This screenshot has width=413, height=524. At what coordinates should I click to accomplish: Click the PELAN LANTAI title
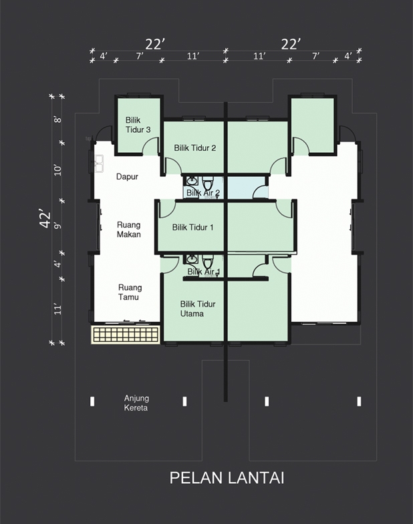[227, 478]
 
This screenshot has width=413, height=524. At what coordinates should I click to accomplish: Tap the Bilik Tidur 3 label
[138, 125]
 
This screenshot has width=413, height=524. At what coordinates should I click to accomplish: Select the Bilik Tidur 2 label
[194, 148]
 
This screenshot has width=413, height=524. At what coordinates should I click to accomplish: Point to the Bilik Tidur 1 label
[192, 227]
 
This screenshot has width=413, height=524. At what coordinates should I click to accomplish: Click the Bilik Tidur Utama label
[197, 309]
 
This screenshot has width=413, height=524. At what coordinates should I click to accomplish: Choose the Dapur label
[127, 176]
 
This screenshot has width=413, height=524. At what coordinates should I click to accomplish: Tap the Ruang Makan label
[129, 230]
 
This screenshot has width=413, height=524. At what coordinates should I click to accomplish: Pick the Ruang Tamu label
[130, 292]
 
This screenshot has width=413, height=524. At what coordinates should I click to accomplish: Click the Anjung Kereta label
[136, 403]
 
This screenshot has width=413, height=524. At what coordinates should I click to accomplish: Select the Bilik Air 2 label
[202, 193]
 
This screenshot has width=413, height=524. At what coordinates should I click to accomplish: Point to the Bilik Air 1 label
[203, 272]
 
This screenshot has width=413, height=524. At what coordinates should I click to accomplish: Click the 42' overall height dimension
[45, 219]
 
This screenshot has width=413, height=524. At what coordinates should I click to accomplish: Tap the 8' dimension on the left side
[58, 119]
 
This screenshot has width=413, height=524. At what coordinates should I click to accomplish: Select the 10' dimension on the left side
[58, 170]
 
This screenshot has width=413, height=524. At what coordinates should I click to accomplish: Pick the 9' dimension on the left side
[58, 226]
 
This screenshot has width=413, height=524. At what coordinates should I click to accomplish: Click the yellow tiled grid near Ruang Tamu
[126, 334]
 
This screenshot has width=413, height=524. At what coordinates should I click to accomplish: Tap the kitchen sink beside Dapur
[99, 164]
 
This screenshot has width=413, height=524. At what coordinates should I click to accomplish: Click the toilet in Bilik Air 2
[208, 184]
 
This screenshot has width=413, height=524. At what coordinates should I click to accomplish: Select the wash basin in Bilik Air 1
[192, 259]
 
